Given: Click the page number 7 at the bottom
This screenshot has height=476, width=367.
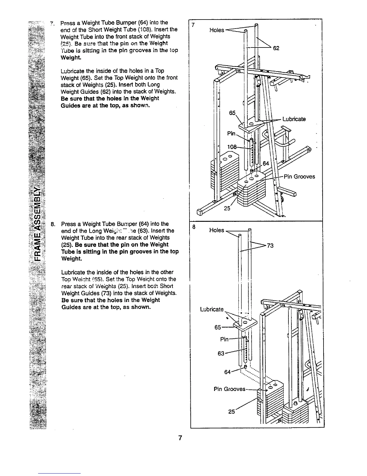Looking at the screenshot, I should click(180, 438).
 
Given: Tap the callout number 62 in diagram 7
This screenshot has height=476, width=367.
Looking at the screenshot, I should click(276, 48).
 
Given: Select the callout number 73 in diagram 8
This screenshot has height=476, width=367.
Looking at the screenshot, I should click(270, 246).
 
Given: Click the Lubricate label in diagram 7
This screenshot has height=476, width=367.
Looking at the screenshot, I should click(294, 119).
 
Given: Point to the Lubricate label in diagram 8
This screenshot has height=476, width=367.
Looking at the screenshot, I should click(212, 309).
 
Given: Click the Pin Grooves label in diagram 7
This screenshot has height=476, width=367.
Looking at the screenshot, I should click(299, 176).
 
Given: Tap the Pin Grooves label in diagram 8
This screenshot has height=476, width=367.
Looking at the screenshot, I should click(229, 389).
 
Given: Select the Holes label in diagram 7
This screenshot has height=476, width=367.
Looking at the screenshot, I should click(217, 30).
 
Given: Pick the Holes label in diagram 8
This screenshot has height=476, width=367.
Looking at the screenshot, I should click(216, 230).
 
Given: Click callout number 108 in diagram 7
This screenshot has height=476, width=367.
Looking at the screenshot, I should click(232, 147).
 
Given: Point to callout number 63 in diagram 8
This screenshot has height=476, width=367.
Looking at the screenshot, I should click(221, 353).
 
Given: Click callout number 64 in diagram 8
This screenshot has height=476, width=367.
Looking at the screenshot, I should click(228, 372).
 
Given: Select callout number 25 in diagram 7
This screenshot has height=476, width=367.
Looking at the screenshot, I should click(227, 208).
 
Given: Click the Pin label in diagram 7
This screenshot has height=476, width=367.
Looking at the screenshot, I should click(231, 133).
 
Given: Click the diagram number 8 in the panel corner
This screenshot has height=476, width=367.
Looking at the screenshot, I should click(194, 227).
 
